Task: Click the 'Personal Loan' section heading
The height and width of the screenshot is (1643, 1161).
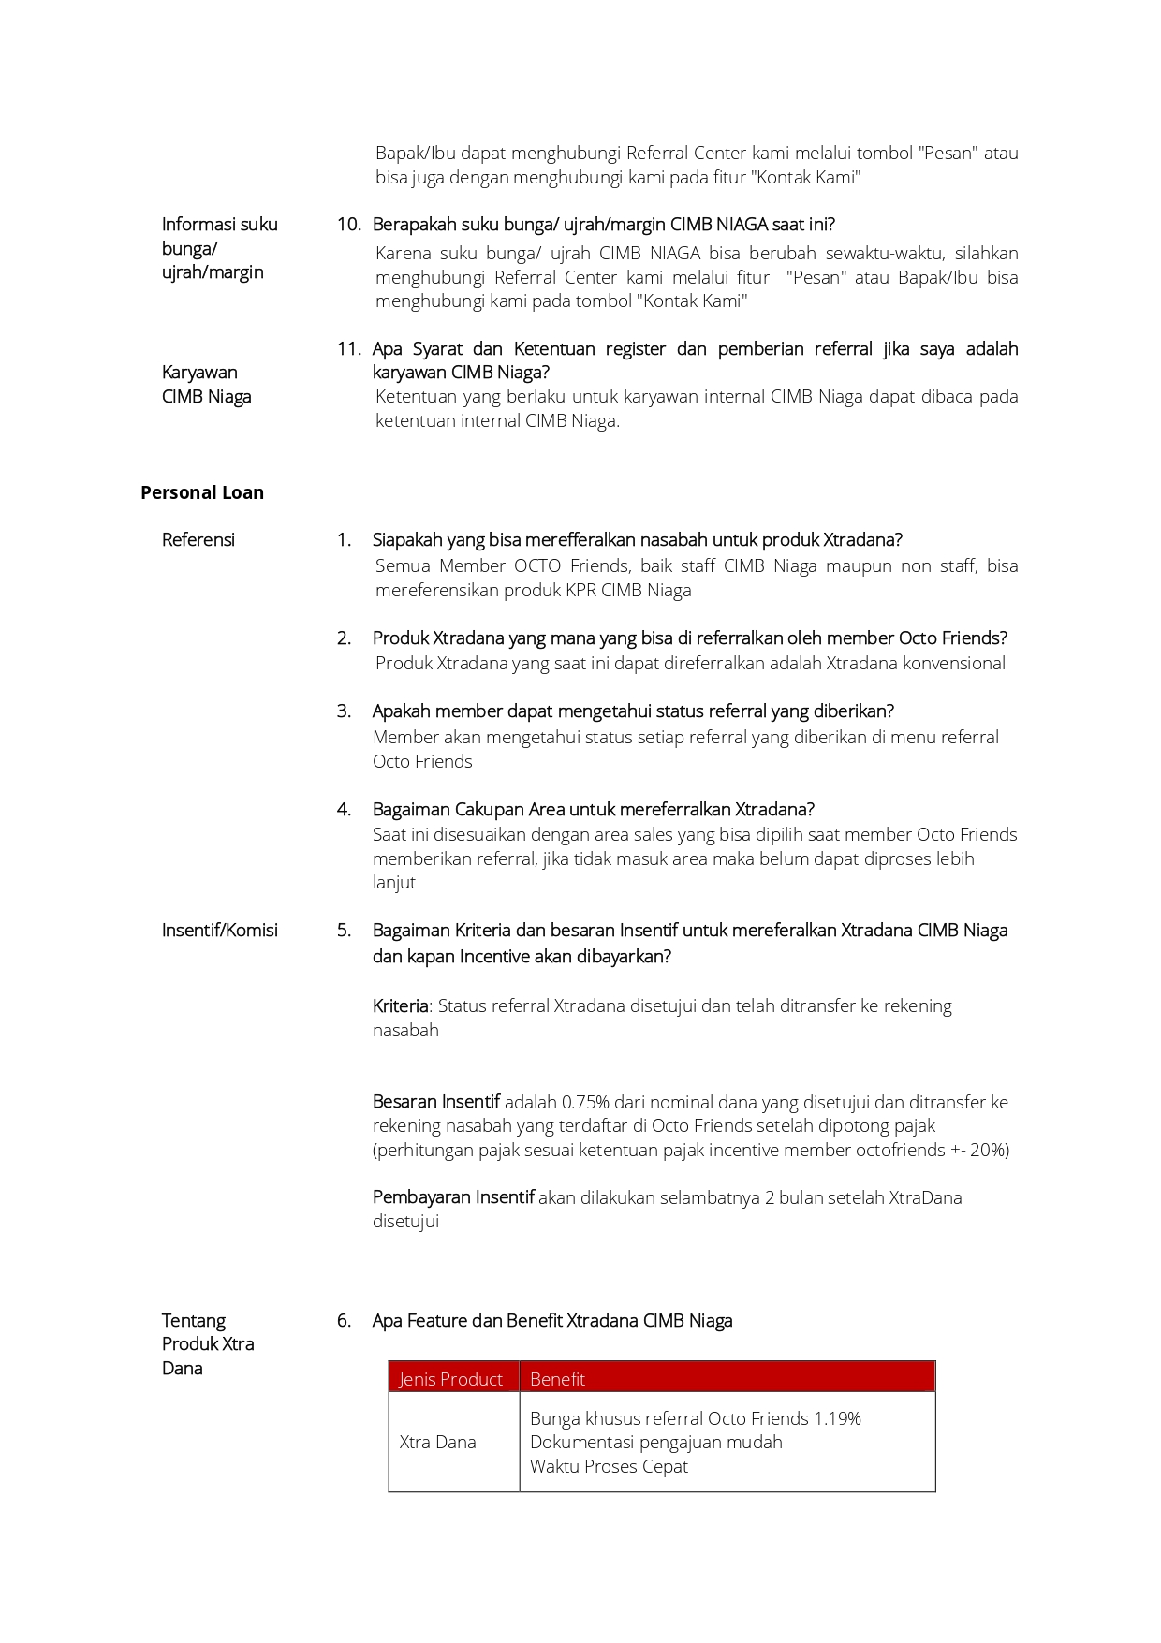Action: point(202,492)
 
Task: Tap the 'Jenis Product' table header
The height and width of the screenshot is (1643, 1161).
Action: point(451,1379)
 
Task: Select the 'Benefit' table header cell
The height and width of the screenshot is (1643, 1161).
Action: point(557,1379)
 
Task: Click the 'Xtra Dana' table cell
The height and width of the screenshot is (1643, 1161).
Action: point(437,1442)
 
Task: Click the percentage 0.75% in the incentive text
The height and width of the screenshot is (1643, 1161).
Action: point(585,1102)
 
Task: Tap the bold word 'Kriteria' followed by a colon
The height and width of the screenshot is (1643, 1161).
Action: point(401,1005)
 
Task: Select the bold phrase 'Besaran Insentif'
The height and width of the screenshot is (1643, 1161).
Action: point(435,1102)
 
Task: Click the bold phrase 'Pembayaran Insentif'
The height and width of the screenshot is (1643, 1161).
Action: point(453,1197)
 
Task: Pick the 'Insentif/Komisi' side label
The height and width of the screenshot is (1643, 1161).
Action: point(219,931)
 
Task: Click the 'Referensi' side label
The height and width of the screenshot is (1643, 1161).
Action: point(198,540)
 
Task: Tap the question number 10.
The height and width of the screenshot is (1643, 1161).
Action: point(348,225)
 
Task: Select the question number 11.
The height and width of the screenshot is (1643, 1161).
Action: point(348,349)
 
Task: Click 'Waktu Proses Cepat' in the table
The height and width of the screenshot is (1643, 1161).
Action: point(609,1466)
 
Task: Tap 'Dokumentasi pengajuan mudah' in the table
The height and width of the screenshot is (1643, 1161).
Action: point(655,1442)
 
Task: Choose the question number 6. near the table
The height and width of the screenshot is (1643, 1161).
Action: point(344,1321)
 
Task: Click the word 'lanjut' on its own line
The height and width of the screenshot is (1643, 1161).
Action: point(394,882)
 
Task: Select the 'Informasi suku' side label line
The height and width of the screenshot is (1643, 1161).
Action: point(219,225)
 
